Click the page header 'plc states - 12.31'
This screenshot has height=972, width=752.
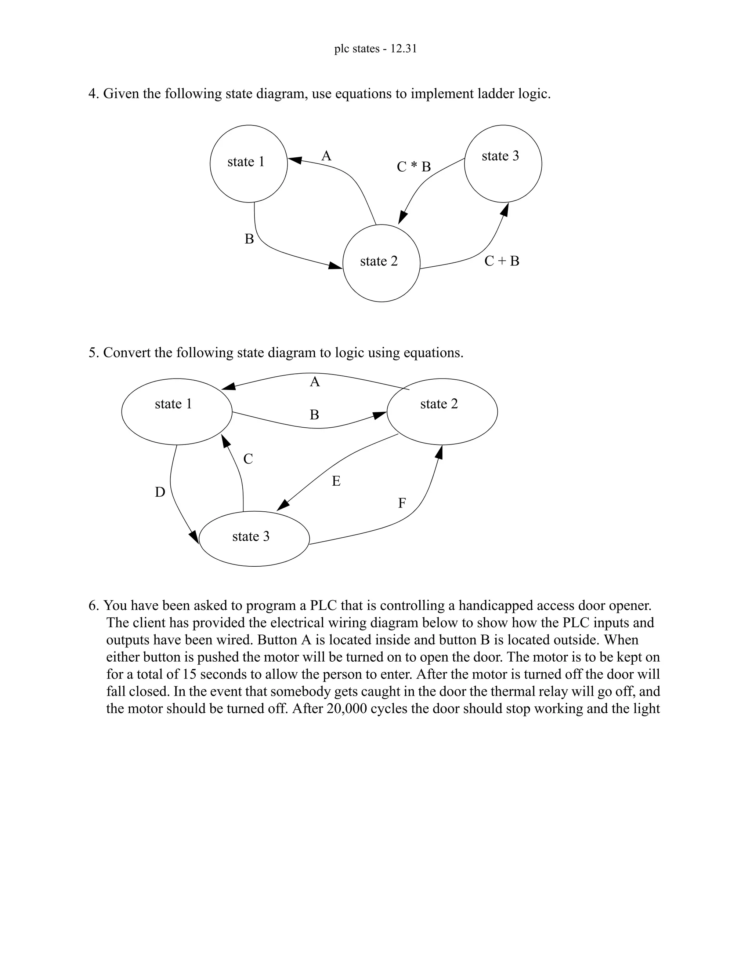[375, 48]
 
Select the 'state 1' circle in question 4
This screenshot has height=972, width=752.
[249, 163]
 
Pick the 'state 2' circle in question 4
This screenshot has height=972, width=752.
[382, 263]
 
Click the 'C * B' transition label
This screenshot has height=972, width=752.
[413, 167]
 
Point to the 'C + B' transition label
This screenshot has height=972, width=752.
[502, 261]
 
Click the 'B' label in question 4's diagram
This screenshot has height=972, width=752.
[249, 239]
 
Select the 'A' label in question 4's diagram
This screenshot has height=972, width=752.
[326, 156]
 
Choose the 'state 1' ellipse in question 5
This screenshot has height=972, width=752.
[177, 411]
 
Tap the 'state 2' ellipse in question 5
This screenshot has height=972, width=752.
[442, 411]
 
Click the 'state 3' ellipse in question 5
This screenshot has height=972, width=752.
[254, 538]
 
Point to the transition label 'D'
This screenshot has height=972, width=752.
[160, 492]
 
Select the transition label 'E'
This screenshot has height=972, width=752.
[336, 481]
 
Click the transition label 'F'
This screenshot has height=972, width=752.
[402, 503]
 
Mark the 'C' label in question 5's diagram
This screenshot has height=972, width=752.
[248, 459]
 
